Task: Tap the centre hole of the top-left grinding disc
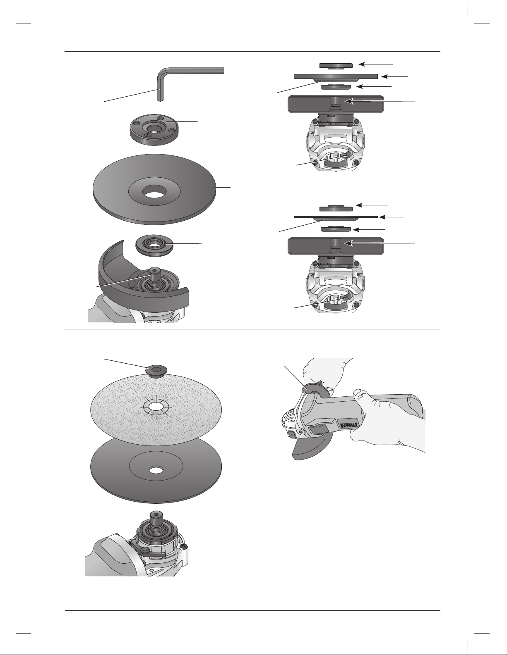[x=155, y=191]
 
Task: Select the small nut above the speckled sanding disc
[x=156, y=370]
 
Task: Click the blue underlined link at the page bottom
[x=82, y=650]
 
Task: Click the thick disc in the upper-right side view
[x=336, y=77]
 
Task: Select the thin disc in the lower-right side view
[x=336, y=217]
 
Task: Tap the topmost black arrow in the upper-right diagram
[x=376, y=64]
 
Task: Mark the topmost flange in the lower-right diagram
[x=336, y=208]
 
